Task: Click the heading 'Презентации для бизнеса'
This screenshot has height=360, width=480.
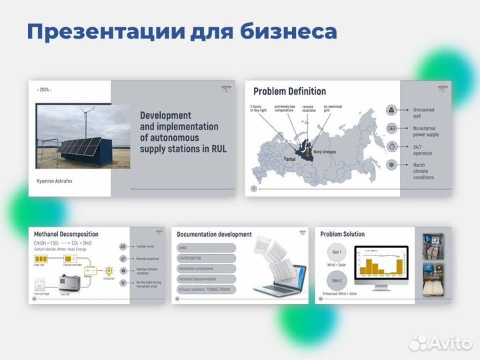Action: [x=181, y=31]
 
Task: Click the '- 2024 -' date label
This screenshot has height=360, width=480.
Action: [x=45, y=89]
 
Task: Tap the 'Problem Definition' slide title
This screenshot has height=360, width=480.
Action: [x=289, y=91]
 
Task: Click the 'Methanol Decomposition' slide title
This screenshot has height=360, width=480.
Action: [x=66, y=234]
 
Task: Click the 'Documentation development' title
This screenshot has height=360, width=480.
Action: [x=215, y=235]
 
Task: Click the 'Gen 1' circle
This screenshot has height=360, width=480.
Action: [x=337, y=253]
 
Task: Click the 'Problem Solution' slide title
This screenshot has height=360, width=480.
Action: [x=342, y=234]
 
